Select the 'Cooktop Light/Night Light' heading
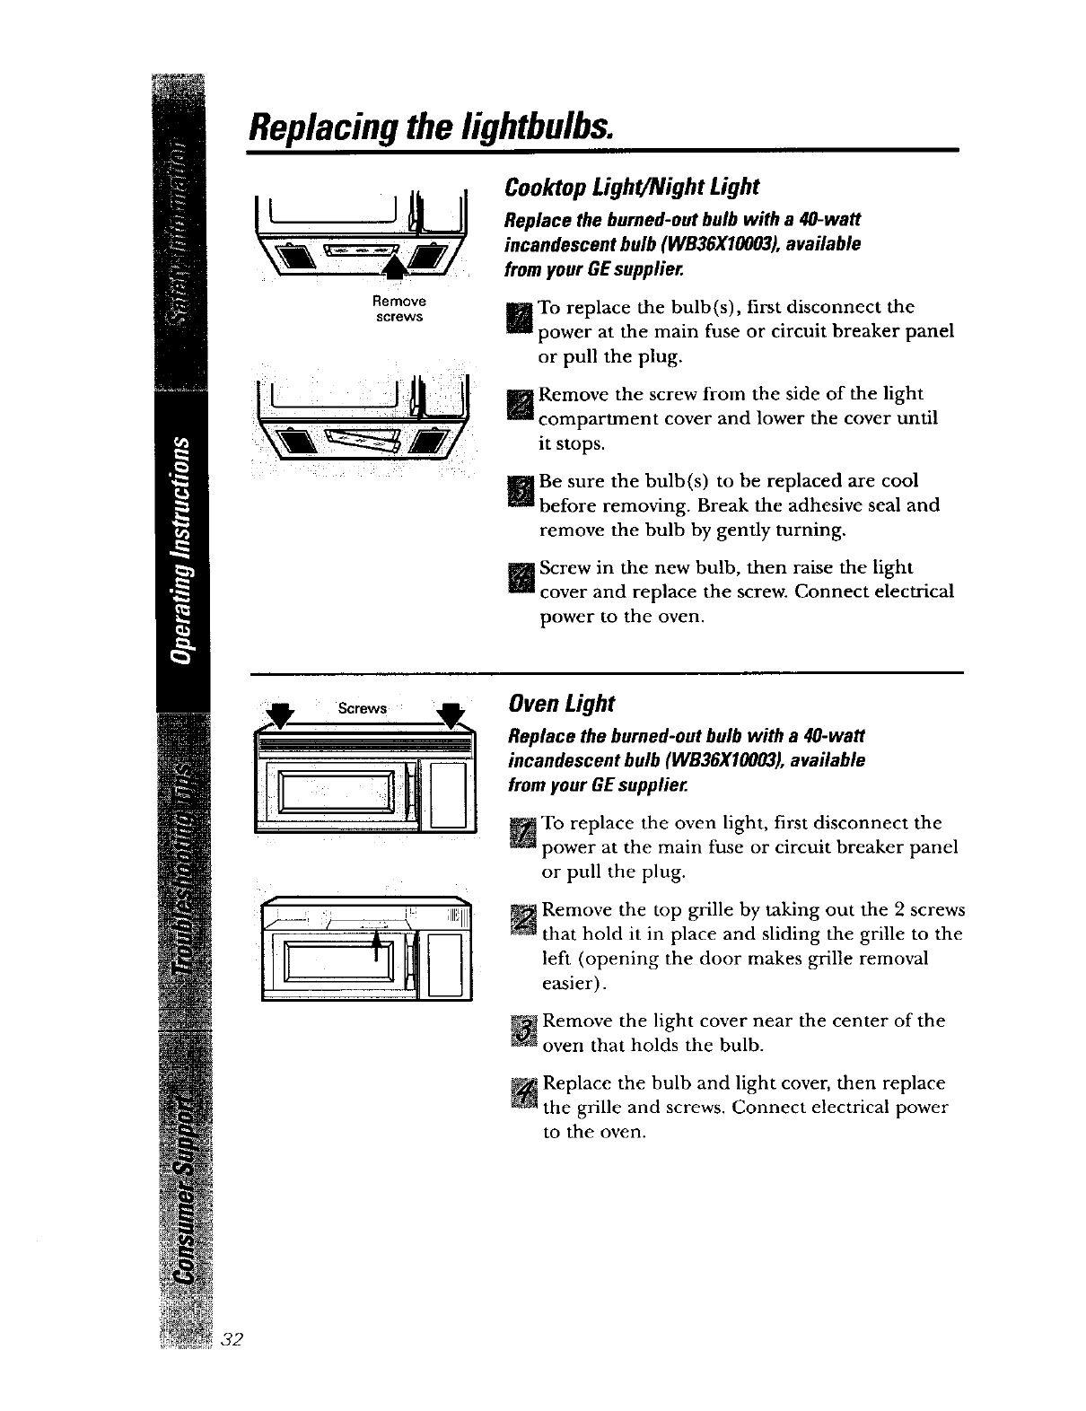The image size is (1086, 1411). click(632, 187)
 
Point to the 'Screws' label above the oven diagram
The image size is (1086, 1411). click(362, 708)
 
